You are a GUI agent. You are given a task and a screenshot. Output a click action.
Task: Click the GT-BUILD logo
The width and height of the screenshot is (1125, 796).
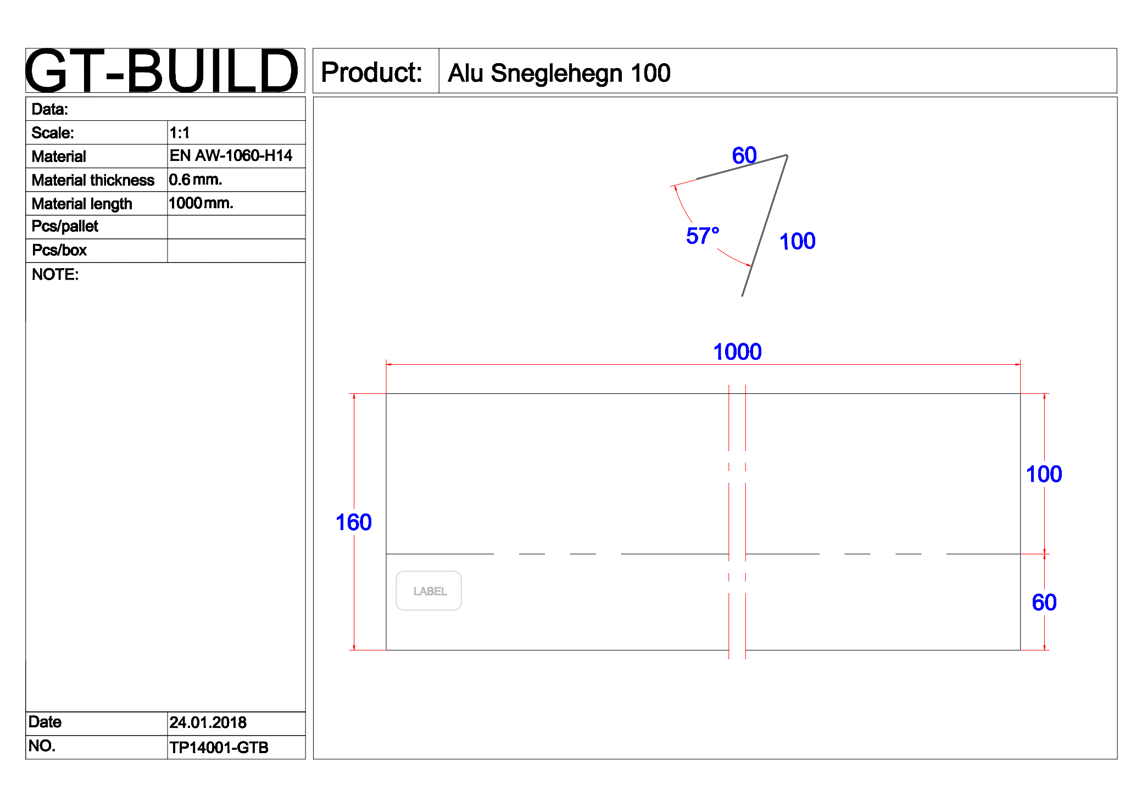tap(163, 71)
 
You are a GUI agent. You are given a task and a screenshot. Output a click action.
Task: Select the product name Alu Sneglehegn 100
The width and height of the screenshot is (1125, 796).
tap(559, 73)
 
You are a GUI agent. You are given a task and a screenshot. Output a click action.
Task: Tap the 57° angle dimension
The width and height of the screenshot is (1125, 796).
tap(702, 236)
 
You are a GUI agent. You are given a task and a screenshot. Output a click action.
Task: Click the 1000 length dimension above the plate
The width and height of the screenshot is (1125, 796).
tap(737, 352)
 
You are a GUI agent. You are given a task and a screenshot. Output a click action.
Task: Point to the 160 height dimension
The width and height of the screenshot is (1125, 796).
tap(353, 522)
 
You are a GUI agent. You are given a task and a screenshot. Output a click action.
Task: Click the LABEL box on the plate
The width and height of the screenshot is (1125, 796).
tap(428, 591)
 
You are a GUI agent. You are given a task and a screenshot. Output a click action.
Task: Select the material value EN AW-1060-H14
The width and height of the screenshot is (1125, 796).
tap(231, 156)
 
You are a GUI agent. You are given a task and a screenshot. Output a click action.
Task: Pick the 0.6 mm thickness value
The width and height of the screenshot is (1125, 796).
tap(196, 180)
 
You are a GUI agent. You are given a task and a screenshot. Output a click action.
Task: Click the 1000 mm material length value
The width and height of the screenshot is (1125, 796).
tap(201, 203)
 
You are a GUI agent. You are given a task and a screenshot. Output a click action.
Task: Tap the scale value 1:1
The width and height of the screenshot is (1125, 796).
tap(180, 133)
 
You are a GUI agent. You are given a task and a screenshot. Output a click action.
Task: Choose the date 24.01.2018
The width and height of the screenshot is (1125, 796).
tap(208, 722)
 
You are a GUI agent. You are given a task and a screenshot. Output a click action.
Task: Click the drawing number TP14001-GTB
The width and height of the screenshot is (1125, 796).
tap(219, 747)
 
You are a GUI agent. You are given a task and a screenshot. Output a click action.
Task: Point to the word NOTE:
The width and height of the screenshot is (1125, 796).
tap(55, 274)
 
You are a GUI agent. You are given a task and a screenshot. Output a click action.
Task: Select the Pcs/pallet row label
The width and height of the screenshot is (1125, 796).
tap(65, 226)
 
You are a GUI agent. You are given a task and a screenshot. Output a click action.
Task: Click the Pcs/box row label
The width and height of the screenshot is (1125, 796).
tap(59, 251)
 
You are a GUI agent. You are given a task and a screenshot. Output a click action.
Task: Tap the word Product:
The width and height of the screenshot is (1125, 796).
tap(372, 73)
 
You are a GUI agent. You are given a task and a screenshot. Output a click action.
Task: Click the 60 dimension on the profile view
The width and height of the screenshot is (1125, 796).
tap(744, 155)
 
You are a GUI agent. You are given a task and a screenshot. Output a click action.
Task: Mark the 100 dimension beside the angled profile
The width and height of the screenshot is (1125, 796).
tap(797, 241)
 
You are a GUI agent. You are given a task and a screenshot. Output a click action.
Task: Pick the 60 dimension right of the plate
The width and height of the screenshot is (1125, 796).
tap(1044, 602)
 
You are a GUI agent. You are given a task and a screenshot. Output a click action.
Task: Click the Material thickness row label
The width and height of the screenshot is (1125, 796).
tap(93, 180)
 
